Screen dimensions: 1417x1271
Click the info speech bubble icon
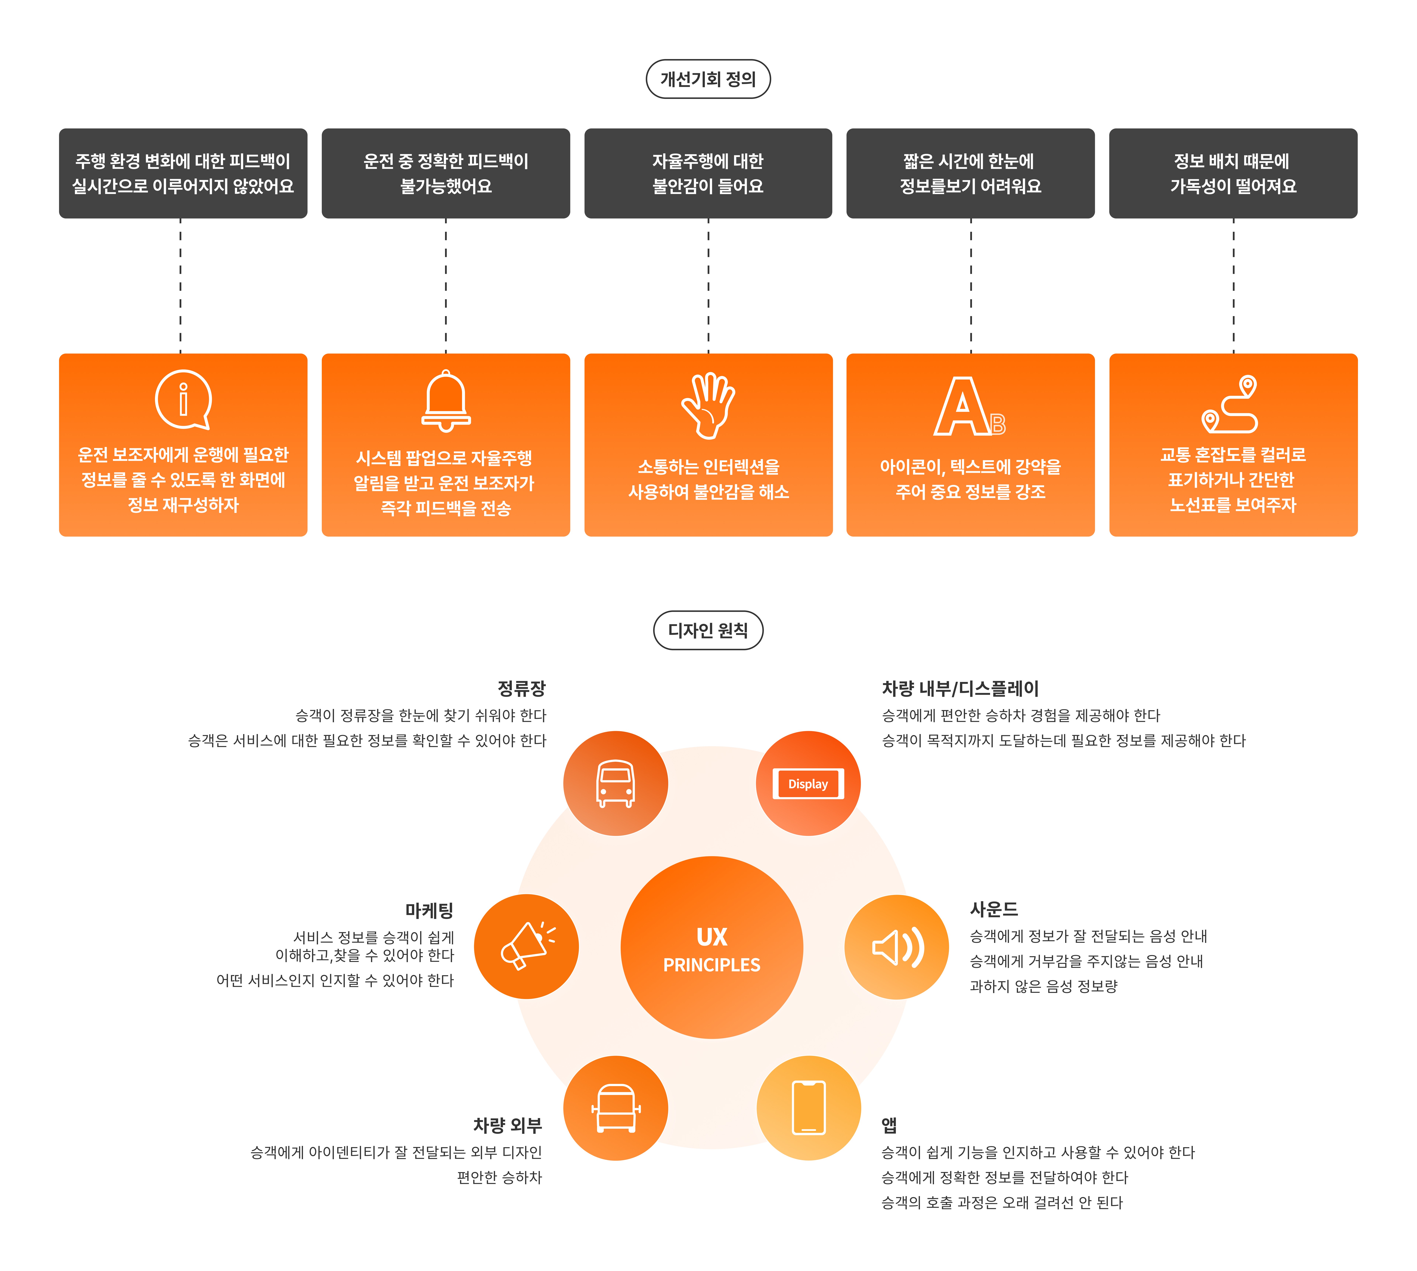point(183,399)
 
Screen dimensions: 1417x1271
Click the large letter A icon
point(962,407)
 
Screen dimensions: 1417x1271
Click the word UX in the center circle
point(712,936)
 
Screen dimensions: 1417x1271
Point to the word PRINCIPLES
point(712,965)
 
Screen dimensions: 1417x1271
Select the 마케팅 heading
point(430,910)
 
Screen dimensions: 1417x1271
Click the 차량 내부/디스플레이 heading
point(960,689)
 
